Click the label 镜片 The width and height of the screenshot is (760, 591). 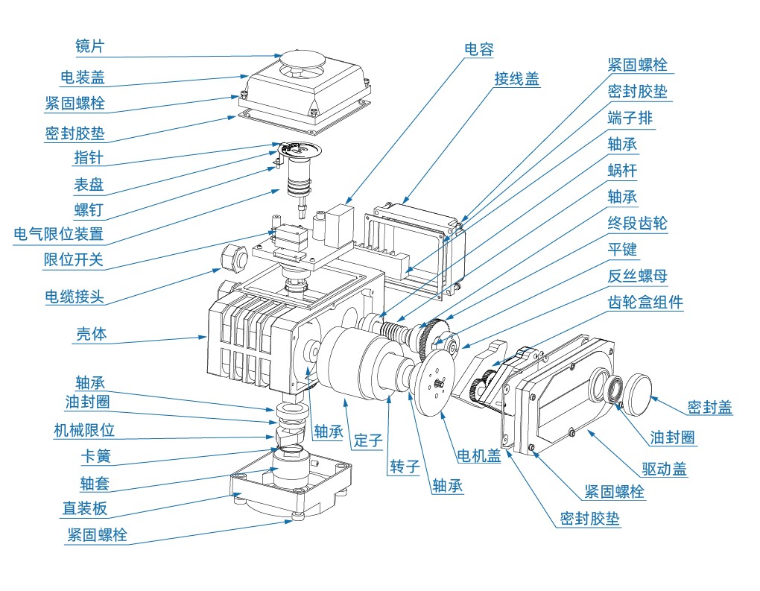[90, 46]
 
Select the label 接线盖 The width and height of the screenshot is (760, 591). [516, 79]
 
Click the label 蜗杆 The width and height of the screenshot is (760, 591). [622, 171]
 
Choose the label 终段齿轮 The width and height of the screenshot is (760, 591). [638, 223]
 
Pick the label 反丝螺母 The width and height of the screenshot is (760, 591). [638, 276]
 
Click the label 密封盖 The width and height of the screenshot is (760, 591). [709, 407]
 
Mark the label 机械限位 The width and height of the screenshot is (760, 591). [84, 430]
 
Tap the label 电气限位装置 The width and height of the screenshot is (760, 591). [59, 234]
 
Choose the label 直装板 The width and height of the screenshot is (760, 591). [85, 509]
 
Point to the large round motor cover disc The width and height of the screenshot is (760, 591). [436, 385]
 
